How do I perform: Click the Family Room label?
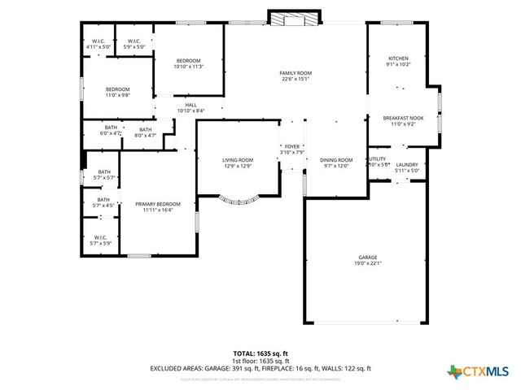pos(296,73)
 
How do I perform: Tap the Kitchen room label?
pos(397,58)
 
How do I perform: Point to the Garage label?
pos(367,258)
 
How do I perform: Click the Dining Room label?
pos(335,159)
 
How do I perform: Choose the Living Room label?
pos(238,159)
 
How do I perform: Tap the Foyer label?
pos(291,146)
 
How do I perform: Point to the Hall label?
pos(190,104)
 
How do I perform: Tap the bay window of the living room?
pos(239,197)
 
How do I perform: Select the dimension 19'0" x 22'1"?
pos(367,263)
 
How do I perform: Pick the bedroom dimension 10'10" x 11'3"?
pos(188,67)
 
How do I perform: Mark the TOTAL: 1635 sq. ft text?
pos(260,353)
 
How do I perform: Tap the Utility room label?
pos(378,159)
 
